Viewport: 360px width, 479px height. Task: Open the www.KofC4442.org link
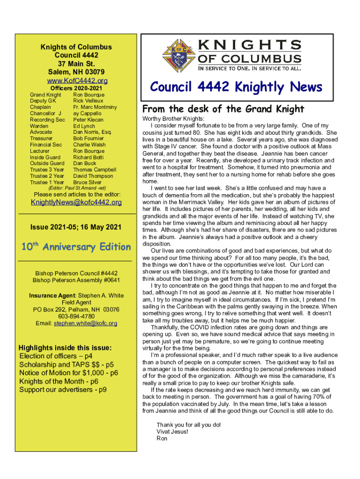coord(76,80)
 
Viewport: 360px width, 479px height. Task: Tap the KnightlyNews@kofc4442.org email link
coord(76,203)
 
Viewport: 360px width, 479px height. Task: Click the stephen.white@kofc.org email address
coord(85,323)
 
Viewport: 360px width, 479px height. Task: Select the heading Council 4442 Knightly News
coord(236,87)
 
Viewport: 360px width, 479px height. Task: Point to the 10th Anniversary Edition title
coord(76,247)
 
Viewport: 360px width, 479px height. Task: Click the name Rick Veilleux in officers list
coord(89,101)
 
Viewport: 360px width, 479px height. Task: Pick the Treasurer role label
coord(41,138)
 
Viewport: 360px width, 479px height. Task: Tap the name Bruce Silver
coord(87,182)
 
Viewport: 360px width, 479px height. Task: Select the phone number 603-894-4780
coord(76,316)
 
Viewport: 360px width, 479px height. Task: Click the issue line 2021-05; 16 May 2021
coord(76,228)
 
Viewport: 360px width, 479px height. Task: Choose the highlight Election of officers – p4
coord(56,356)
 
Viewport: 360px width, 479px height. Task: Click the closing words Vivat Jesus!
coord(172,431)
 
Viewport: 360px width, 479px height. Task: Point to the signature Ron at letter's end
coord(162,438)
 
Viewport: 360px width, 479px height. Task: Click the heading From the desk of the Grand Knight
coord(223,109)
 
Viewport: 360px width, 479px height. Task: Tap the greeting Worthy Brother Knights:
coord(167,119)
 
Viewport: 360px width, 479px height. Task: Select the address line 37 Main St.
coord(76,64)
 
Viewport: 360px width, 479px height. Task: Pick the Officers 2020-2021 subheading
coord(76,88)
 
